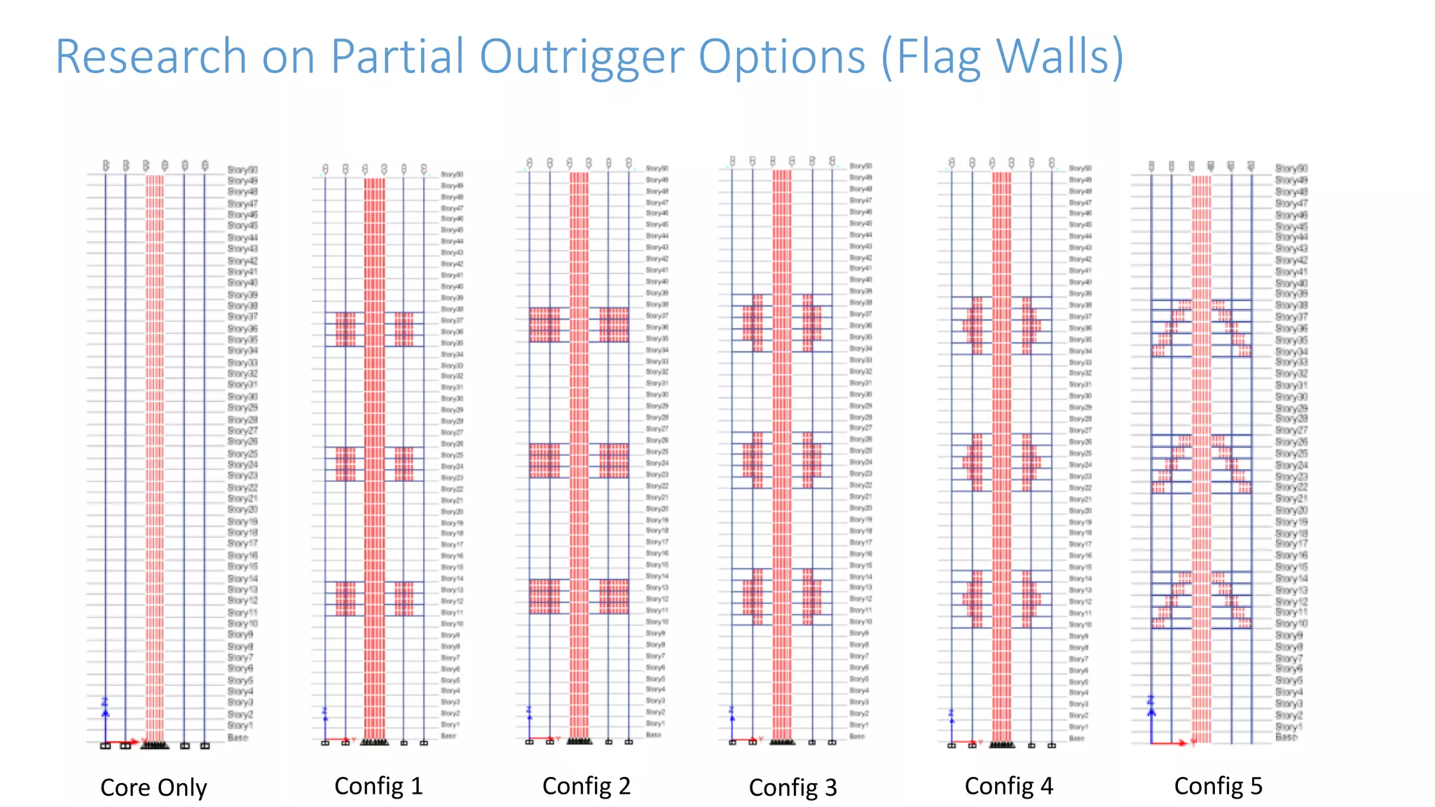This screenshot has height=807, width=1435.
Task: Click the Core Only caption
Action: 153,787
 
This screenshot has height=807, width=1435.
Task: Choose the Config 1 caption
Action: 378,786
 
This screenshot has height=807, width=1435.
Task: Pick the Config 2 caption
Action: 586,786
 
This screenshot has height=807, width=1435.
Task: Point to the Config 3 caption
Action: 792,787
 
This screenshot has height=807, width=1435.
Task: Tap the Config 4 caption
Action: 1008,786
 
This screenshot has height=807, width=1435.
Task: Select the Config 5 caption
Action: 1218,786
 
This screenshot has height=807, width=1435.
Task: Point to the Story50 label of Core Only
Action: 242,170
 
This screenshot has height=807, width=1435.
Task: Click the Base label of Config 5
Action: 1286,737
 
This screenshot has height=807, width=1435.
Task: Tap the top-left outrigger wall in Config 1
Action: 345,329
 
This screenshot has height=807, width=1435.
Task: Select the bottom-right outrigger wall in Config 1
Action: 404,599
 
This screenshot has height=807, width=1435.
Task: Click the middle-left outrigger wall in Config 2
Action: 544,460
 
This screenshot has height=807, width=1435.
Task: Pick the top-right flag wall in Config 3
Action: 811,323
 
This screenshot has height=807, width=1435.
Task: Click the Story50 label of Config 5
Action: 1291,168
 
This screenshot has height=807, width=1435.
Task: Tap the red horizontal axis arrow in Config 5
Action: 1170,743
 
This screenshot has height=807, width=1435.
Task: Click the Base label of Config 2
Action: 653,735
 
